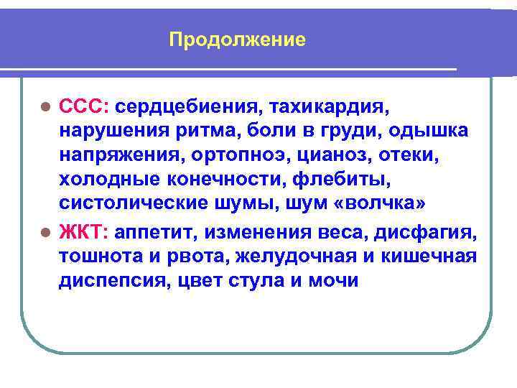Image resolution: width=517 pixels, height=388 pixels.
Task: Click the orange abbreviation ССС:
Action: tap(83, 108)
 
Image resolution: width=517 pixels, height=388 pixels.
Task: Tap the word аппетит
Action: tap(153, 233)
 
